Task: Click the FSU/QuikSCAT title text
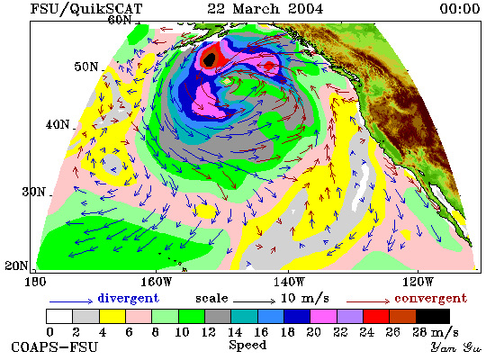tap(86, 8)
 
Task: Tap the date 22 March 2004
tap(265, 8)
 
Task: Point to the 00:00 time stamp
tap(460, 8)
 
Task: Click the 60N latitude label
tap(120, 20)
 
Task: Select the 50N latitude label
tap(86, 67)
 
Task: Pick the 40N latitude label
tap(58, 124)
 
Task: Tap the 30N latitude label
tap(34, 192)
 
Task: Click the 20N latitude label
tap(16, 265)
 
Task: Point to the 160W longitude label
tap(156, 282)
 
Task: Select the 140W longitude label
tap(289, 282)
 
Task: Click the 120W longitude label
tap(418, 282)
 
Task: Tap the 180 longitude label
tap(35, 282)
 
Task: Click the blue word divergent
tap(129, 298)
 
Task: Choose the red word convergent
tap(430, 298)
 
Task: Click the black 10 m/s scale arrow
tap(255, 301)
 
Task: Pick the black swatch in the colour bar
tap(433, 317)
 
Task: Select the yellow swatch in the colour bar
tap(112, 317)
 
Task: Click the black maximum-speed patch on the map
tap(210, 59)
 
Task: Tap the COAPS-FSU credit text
tap(54, 346)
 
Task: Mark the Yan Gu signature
tap(456, 346)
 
